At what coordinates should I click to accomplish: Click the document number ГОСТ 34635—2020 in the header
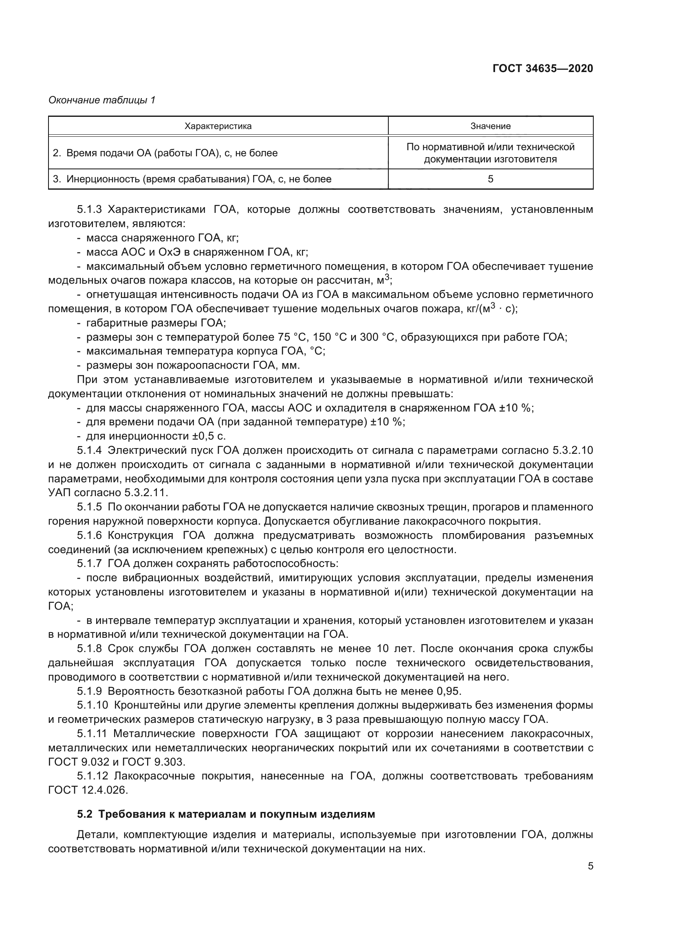tap(542, 68)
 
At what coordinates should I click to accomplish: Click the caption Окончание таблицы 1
tap(102, 100)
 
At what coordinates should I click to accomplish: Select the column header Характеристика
tap(218, 126)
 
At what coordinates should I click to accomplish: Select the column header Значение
tap(490, 126)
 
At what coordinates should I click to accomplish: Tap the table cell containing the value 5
tap(490, 179)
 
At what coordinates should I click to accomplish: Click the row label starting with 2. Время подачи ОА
tap(165, 153)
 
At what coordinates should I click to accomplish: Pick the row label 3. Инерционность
tap(192, 179)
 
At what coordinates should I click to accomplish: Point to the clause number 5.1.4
tap(89, 450)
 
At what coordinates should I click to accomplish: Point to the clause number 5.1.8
tap(89, 648)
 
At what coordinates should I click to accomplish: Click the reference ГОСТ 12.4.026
tap(88, 790)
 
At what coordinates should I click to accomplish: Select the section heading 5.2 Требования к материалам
tap(226, 814)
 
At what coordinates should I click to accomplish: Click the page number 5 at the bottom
tap(590, 866)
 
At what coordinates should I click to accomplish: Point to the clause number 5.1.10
tap(92, 705)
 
